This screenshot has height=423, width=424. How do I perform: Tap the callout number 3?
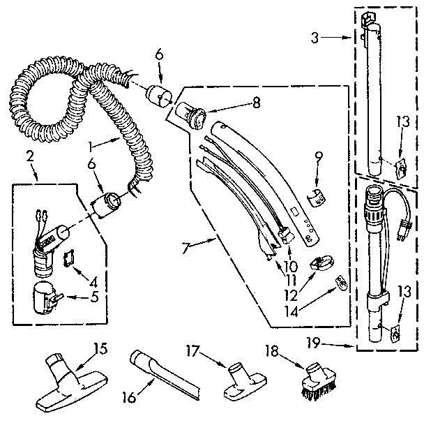coord(316,38)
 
